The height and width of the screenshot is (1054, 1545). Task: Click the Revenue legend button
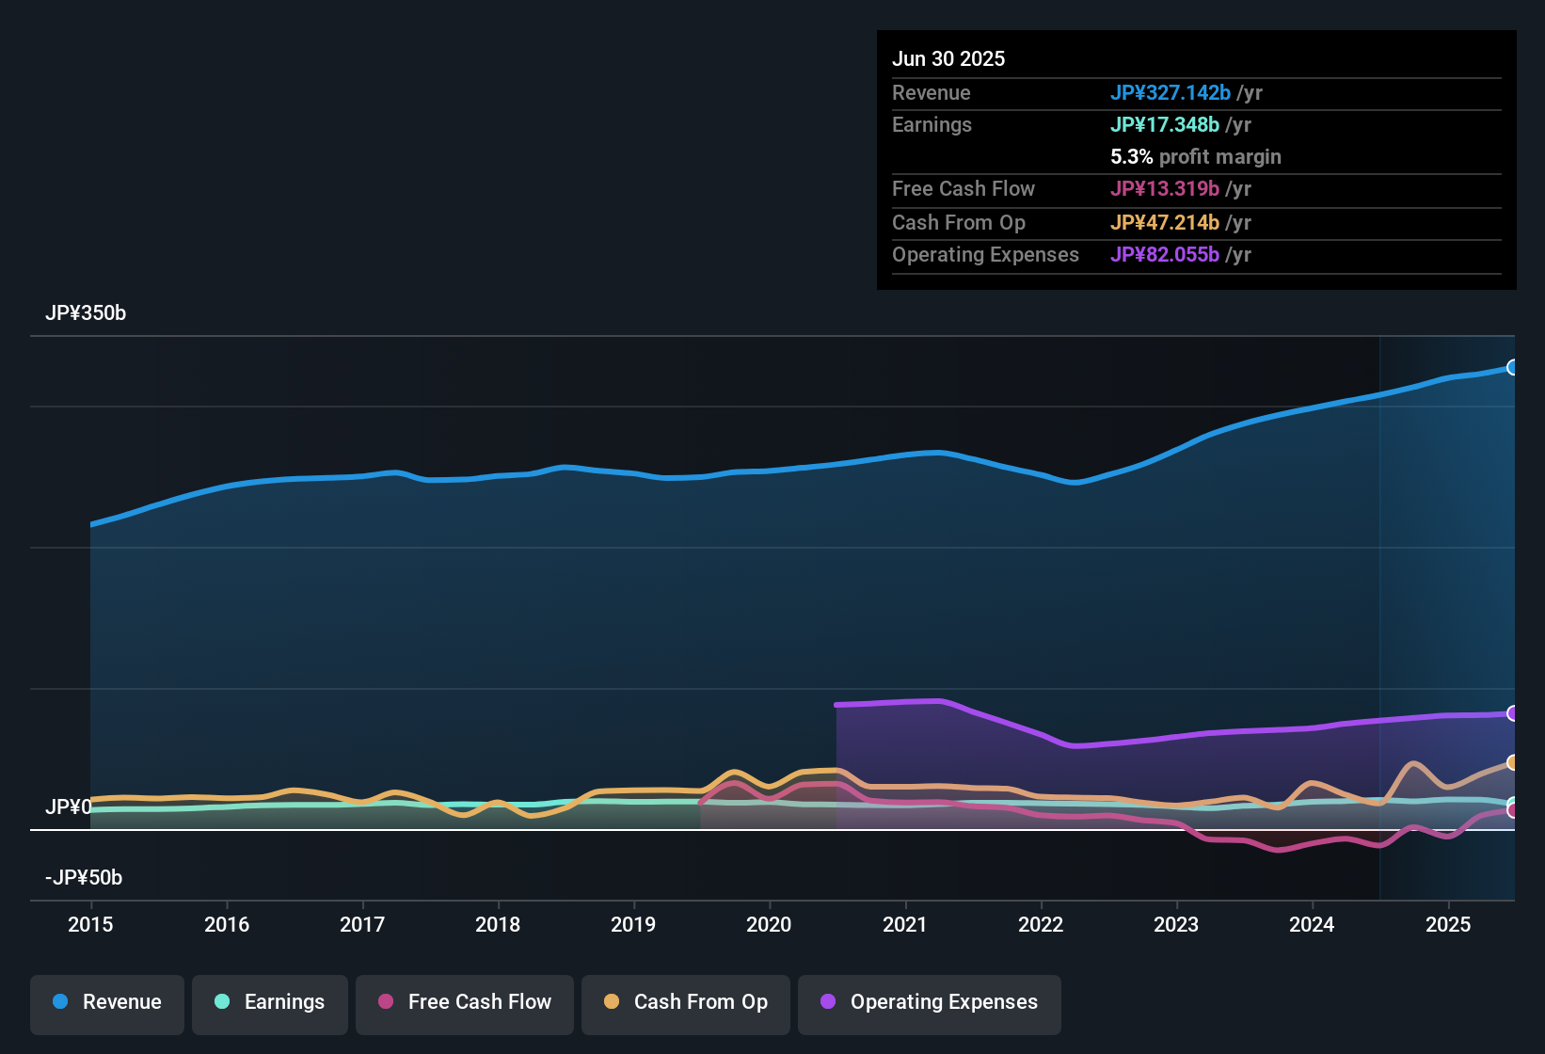click(107, 1002)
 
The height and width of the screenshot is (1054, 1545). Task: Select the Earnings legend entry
click(270, 1002)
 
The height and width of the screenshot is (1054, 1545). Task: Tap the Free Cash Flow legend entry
click(465, 1002)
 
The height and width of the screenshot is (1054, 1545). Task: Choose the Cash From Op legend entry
click(686, 1002)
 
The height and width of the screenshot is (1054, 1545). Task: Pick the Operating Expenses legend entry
click(930, 1002)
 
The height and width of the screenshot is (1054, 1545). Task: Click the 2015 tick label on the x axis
click(90, 924)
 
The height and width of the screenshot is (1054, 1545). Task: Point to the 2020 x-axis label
click(769, 924)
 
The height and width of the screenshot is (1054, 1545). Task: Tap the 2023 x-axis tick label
click(1176, 924)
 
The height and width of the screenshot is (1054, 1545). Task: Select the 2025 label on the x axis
click(1447, 924)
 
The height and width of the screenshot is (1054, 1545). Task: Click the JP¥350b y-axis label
click(86, 313)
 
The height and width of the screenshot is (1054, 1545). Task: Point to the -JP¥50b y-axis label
click(84, 878)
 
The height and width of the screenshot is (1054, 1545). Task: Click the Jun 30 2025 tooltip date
click(948, 58)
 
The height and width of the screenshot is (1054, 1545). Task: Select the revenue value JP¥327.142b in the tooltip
click(1170, 92)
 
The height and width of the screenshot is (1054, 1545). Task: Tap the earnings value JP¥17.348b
click(1164, 124)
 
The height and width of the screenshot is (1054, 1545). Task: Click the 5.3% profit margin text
click(1195, 156)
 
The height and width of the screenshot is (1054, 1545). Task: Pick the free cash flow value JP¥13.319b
click(1164, 188)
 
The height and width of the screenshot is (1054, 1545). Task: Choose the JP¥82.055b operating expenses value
click(1164, 254)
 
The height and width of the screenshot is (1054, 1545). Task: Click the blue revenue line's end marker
click(1512, 367)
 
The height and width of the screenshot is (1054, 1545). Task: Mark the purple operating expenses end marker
click(1512, 713)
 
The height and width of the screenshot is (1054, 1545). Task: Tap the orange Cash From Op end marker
click(1512, 762)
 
